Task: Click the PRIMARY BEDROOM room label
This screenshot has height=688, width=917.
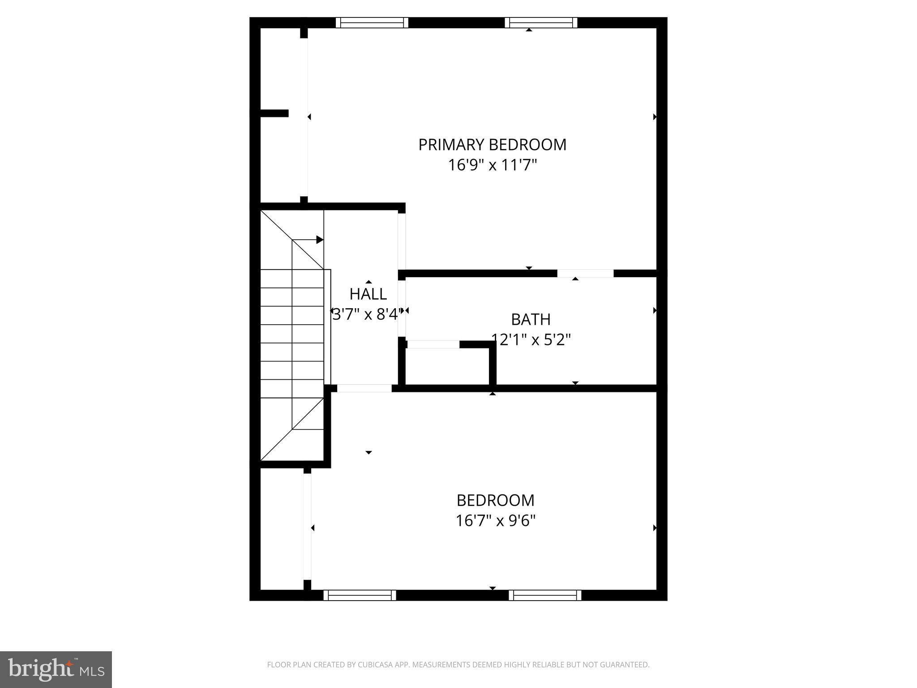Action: click(492, 145)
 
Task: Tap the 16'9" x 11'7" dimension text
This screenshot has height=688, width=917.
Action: click(492, 165)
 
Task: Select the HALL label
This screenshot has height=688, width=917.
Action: click(368, 294)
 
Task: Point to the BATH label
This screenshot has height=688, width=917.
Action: click(531, 319)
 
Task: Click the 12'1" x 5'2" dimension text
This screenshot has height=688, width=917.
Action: click(531, 340)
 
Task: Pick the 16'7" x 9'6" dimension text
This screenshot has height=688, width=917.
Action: click(495, 520)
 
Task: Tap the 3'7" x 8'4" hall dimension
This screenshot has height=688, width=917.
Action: click(365, 314)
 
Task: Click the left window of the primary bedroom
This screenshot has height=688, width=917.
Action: click(372, 22)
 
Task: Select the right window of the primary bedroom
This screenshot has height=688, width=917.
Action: click(541, 22)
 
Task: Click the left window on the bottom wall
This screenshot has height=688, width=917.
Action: click(360, 595)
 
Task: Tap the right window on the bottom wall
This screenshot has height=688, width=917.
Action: click(545, 595)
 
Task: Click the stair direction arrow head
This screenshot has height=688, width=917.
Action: click(320, 240)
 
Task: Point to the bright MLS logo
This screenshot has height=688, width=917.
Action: click(56, 669)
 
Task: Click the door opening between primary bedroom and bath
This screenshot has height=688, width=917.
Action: click(585, 273)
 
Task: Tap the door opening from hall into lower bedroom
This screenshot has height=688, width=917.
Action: click(364, 388)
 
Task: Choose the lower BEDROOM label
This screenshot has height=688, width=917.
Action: click(495, 500)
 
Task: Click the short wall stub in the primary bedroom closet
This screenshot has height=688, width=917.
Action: click(274, 113)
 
